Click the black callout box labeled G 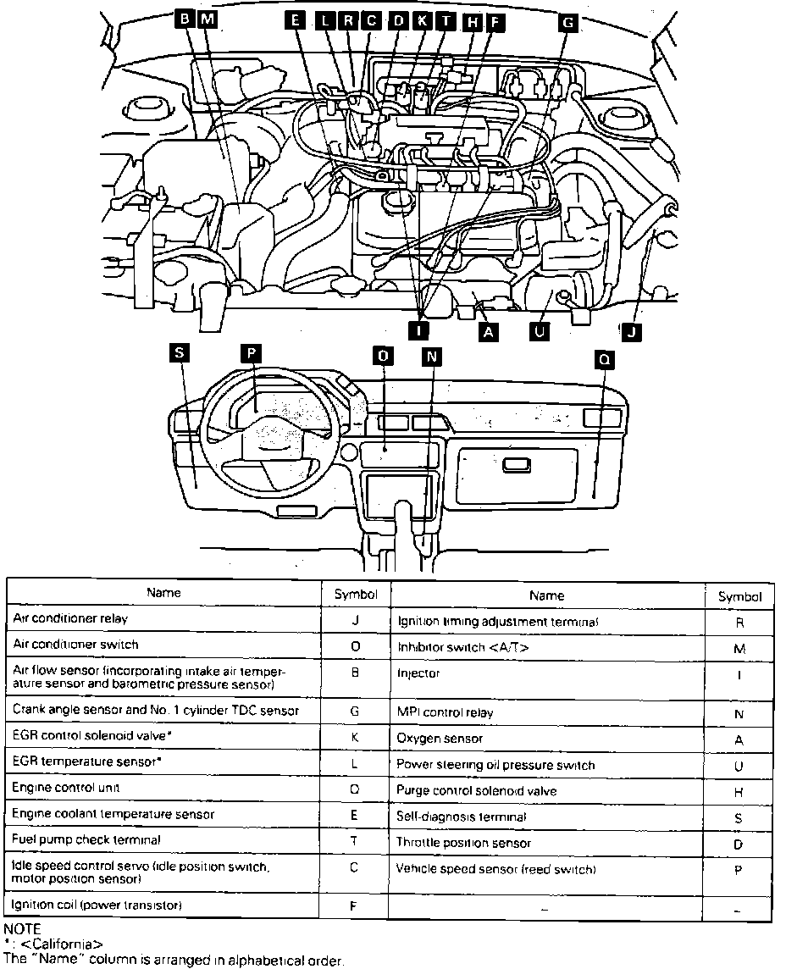(x=567, y=23)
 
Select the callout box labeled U (x=537, y=332)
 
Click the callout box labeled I (x=418, y=328)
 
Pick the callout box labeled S (x=178, y=354)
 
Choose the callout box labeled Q (x=603, y=360)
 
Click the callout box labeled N (x=432, y=357)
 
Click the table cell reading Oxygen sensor (x=440, y=739)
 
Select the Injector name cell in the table (x=418, y=674)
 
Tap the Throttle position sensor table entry (x=464, y=843)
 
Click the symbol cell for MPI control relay (x=739, y=714)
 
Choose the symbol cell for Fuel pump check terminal (x=355, y=840)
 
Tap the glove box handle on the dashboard (x=517, y=465)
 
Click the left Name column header (x=163, y=593)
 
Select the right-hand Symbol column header (x=739, y=596)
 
